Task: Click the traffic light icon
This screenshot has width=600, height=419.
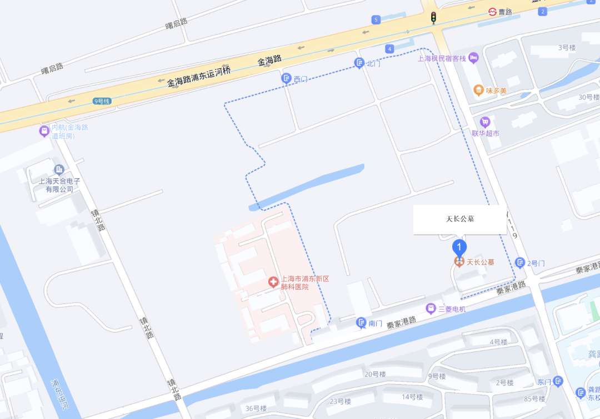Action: pyautogui.click(x=433, y=17)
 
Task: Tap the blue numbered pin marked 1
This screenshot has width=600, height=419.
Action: pyautogui.click(x=459, y=247)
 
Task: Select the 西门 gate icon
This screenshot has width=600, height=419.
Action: pyautogui.click(x=287, y=79)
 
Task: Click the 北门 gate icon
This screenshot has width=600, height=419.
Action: pyautogui.click(x=359, y=63)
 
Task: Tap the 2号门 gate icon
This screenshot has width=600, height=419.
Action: pyautogui.click(x=520, y=262)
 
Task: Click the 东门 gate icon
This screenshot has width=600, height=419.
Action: pyautogui.click(x=558, y=381)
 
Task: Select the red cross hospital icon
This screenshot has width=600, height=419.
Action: pyautogui.click(x=273, y=282)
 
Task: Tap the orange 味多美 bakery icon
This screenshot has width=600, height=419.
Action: pyautogui.click(x=478, y=90)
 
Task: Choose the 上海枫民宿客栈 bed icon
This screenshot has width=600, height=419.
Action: pyautogui.click(x=473, y=58)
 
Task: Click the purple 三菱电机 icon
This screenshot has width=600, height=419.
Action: pyautogui.click(x=431, y=309)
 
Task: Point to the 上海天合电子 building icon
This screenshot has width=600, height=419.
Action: pyautogui.click(x=59, y=170)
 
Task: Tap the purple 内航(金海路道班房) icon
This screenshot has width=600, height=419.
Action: pyautogui.click(x=44, y=131)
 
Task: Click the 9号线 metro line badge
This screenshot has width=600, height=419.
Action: pyautogui.click(x=102, y=101)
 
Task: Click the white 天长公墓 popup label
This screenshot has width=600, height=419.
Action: pyautogui.click(x=460, y=219)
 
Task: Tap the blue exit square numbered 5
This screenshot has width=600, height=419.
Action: pyautogui.click(x=376, y=20)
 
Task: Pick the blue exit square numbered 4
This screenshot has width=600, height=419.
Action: pyautogui.click(x=389, y=49)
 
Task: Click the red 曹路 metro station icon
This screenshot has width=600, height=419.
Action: pyautogui.click(x=492, y=12)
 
